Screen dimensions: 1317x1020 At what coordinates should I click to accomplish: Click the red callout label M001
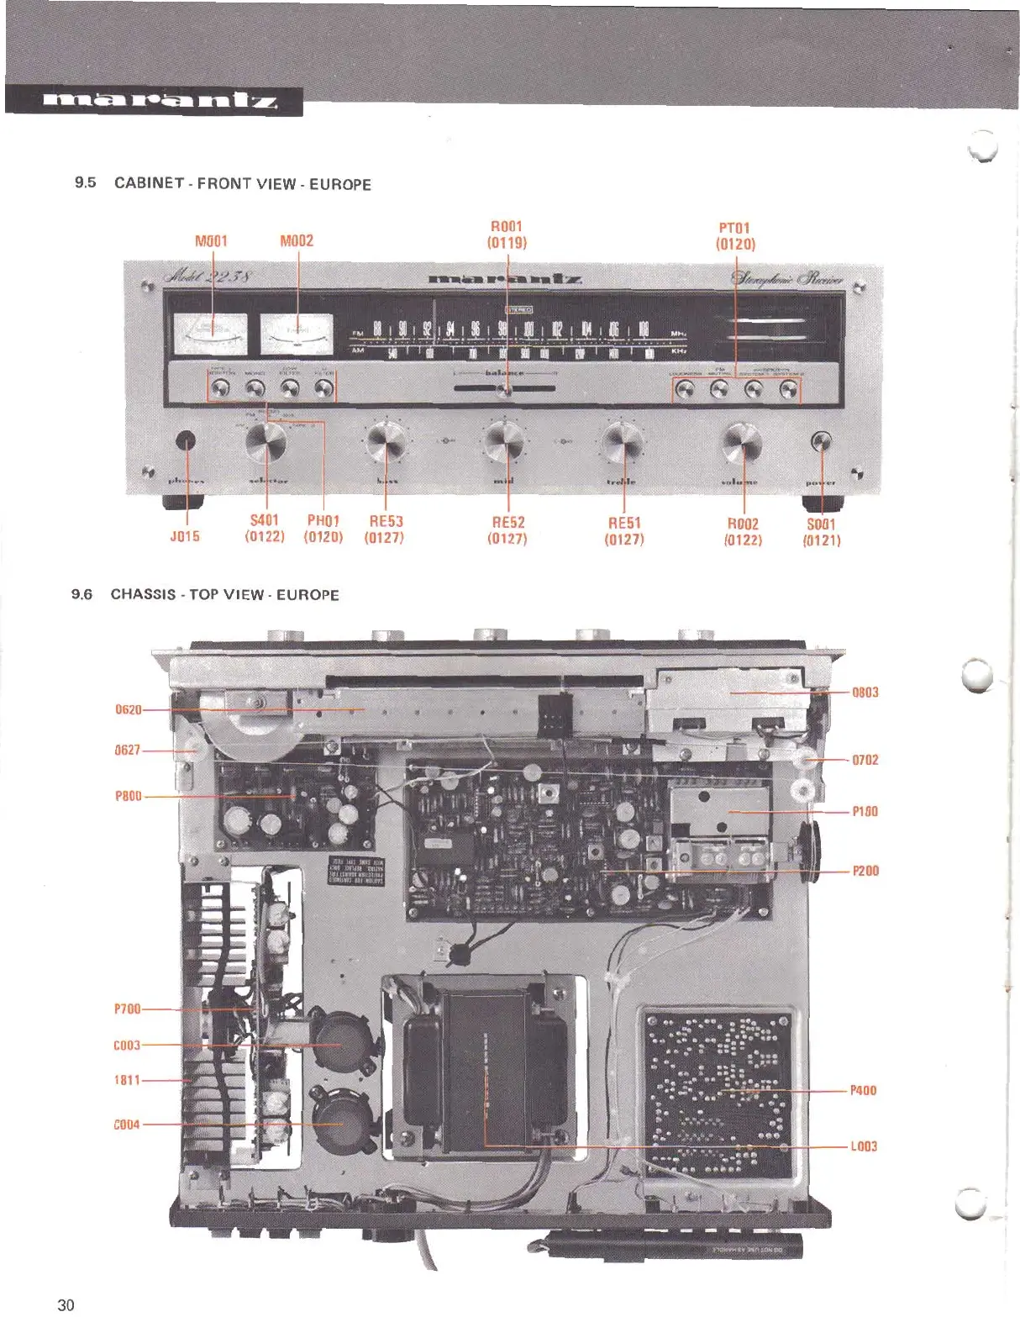(211, 241)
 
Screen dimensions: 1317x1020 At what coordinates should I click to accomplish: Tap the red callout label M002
(297, 241)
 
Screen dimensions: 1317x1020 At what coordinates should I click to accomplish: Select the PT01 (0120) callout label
(735, 236)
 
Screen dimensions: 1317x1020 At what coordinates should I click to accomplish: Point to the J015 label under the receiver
(185, 536)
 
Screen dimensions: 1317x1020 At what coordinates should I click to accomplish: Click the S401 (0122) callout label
(265, 528)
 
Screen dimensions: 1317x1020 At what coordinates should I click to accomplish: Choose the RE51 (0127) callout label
(624, 530)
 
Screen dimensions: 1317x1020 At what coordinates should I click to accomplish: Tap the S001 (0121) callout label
(821, 532)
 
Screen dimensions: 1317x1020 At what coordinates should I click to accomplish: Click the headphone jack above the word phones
(186, 440)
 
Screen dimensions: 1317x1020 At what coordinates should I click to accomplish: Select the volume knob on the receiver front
(743, 442)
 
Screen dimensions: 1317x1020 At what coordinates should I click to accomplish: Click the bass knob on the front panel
(386, 441)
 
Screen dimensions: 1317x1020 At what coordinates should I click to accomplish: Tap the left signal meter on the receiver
(210, 334)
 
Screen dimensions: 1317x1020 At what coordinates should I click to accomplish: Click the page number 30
(66, 1304)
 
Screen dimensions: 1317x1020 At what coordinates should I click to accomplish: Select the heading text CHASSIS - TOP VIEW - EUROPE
(225, 595)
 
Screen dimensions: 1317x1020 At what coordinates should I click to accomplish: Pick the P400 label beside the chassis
(863, 1090)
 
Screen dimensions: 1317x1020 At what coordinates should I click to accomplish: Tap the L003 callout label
(863, 1146)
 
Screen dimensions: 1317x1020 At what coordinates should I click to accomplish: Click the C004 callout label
(127, 1125)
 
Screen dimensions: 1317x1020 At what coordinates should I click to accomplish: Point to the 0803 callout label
(865, 693)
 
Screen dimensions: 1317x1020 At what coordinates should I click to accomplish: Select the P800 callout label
(129, 796)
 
